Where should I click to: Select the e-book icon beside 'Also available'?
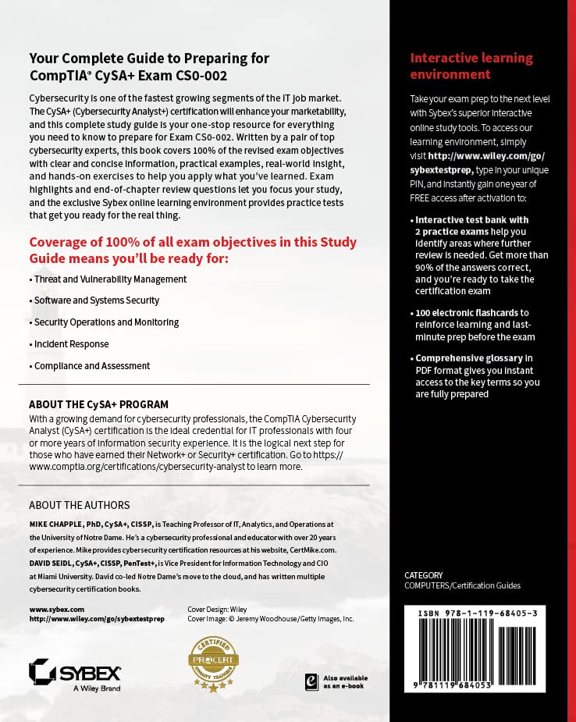click(311, 681)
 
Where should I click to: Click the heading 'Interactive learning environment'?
click(471, 66)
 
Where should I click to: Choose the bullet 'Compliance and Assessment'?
click(90, 366)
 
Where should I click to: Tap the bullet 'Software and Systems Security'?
click(94, 301)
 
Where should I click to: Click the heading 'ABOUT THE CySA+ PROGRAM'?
click(98, 404)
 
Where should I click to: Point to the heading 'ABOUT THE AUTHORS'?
click(79, 505)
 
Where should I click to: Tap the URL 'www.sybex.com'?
click(56, 608)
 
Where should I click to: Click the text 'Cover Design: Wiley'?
click(217, 608)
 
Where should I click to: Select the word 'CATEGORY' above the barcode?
click(424, 575)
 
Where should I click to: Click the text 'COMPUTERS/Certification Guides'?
click(462, 585)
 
